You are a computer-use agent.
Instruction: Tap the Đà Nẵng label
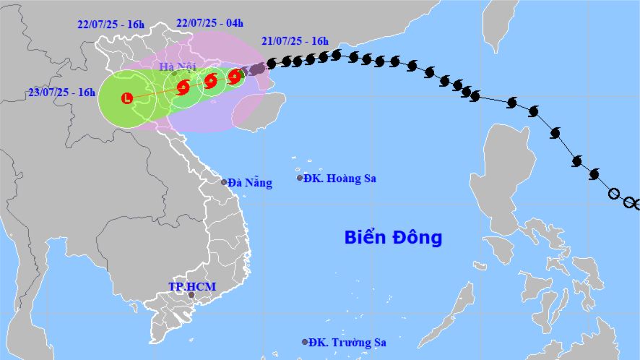point(249,183)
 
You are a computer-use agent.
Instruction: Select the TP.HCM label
point(187,286)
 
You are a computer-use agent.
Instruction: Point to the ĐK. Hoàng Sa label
point(341,179)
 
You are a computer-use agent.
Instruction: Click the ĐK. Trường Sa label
point(347,343)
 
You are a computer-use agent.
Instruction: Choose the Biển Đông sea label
point(392,237)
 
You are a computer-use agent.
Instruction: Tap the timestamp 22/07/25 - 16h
point(111,24)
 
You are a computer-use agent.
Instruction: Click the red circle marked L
point(128,98)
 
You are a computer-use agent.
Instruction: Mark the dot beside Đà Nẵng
point(224,182)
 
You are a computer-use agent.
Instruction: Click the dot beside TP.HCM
point(191,295)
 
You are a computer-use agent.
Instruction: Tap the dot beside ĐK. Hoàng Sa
point(300,178)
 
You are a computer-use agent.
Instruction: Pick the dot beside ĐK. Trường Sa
point(305,342)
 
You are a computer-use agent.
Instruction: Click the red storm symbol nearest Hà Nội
point(182,87)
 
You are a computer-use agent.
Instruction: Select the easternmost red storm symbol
point(234,76)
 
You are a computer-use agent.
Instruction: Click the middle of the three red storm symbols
point(210,81)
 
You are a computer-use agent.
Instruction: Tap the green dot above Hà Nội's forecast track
point(174,73)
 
